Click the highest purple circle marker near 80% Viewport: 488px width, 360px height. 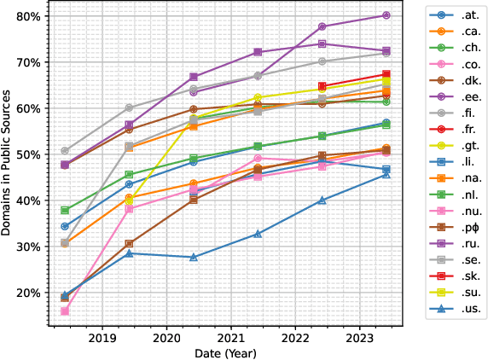click(386, 15)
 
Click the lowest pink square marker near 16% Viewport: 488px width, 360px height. click(65, 311)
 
